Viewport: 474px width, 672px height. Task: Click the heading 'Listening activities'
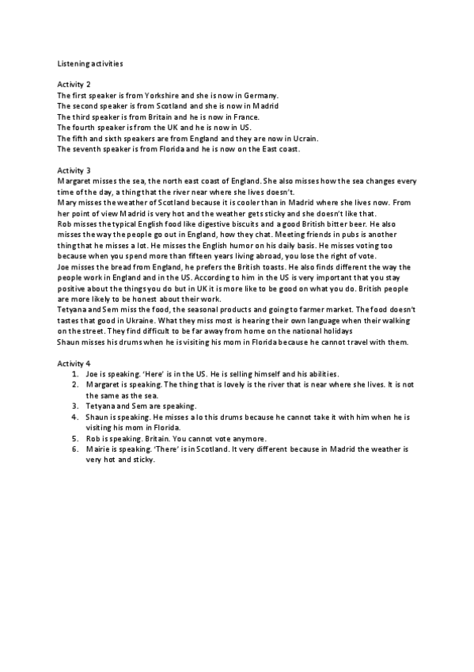(x=90, y=61)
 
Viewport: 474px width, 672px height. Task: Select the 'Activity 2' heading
(x=74, y=83)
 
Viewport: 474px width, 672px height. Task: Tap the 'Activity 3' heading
(x=74, y=170)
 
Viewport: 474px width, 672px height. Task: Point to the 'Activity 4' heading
(x=74, y=362)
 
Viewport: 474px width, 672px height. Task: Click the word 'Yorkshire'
(x=160, y=94)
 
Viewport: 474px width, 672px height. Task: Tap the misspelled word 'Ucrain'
(x=303, y=138)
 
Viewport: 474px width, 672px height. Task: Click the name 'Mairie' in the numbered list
(x=97, y=449)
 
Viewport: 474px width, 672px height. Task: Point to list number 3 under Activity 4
(x=74, y=405)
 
